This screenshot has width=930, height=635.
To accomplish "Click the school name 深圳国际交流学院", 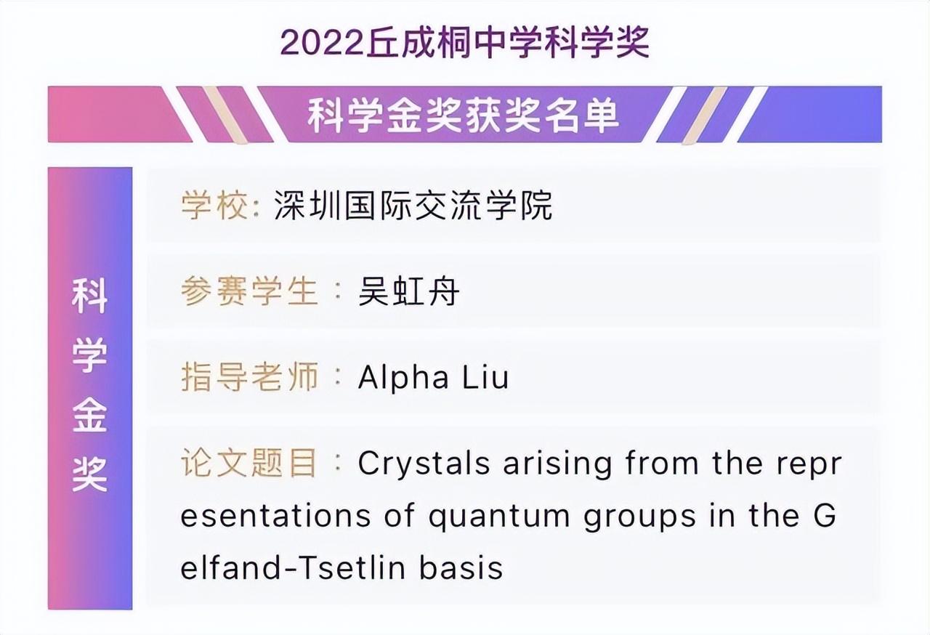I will click(413, 206).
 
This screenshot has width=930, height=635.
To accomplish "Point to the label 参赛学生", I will click(249, 292).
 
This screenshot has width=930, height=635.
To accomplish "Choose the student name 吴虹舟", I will click(409, 292).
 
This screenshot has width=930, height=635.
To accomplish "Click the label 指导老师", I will click(249, 378).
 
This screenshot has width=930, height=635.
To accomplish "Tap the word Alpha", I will click(403, 378).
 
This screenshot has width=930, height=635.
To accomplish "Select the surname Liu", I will click(485, 378).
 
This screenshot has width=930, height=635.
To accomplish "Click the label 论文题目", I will click(249, 464).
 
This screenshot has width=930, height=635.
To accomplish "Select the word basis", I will click(461, 567).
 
